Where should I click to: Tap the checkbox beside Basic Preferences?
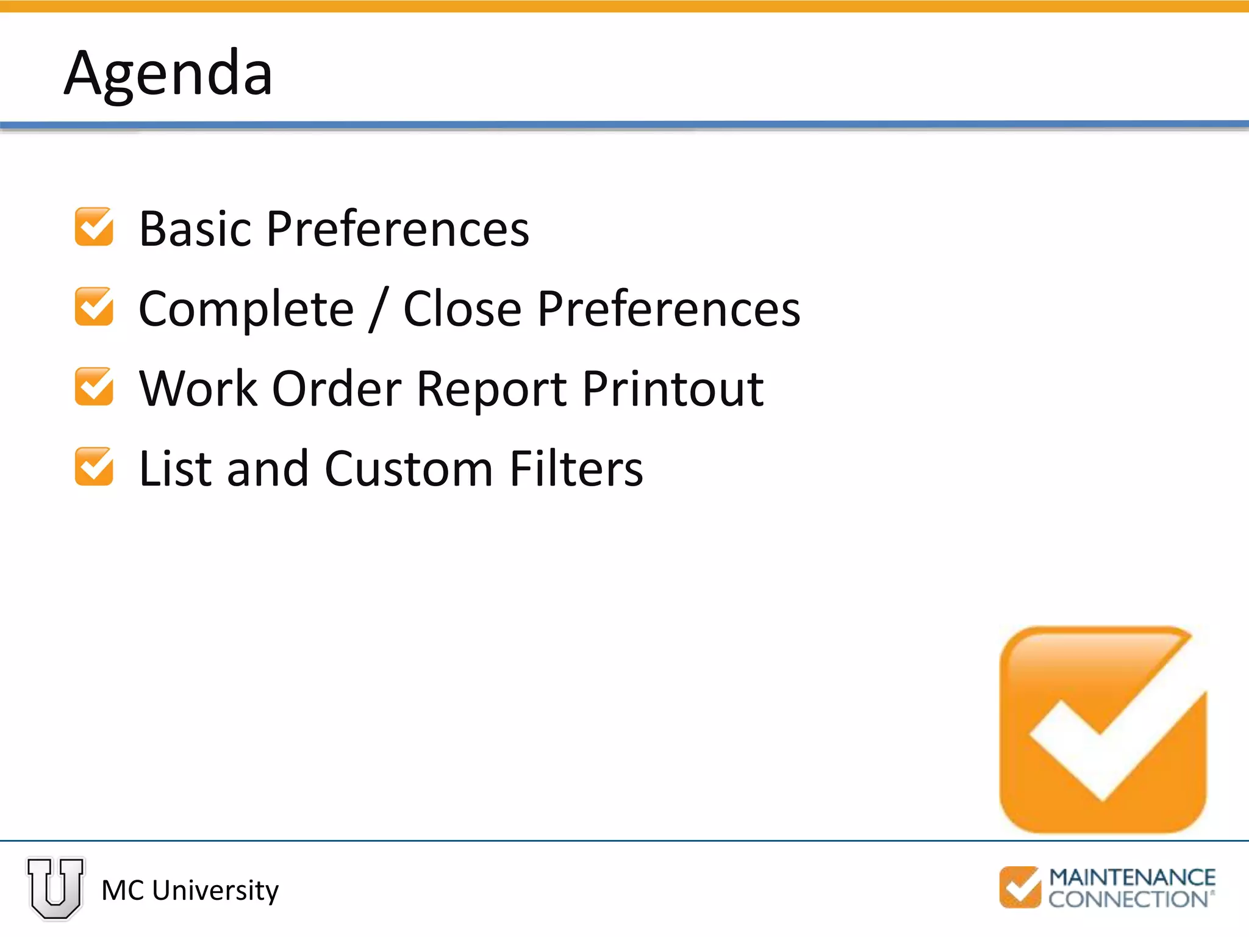click(94, 227)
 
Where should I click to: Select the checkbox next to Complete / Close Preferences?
click(94, 307)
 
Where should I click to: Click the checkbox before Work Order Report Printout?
click(94, 387)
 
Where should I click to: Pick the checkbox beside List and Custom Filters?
click(94, 467)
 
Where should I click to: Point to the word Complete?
click(246, 310)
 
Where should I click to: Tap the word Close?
click(462, 309)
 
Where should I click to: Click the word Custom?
click(409, 469)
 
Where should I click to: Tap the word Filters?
click(576, 469)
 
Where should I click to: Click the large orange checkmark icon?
click(1103, 730)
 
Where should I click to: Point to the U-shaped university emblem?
click(55, 888)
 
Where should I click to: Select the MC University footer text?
click(190, 891)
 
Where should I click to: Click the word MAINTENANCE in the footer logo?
click(1132, 877)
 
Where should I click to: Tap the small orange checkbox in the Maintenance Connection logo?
click(1020, 888)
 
